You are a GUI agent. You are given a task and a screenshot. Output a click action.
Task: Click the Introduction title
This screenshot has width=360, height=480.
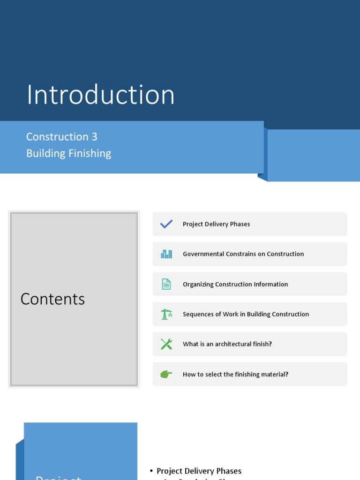(100, 95)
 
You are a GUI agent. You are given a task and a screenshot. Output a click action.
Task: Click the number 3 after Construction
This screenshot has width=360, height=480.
(94, 137)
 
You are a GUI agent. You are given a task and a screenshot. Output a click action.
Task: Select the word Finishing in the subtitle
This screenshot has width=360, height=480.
(89, 154)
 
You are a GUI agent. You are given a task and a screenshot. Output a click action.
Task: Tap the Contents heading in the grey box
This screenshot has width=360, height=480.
(52, 299)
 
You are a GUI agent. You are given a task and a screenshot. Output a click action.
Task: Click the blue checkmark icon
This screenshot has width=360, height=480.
(166, 224)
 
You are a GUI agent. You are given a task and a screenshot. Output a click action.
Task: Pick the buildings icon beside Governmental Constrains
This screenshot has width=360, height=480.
(166, 254)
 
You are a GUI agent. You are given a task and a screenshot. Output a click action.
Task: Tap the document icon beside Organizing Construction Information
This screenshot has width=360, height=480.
(166, 284)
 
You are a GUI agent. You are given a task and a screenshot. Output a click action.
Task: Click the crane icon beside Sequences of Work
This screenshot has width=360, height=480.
(166, 314)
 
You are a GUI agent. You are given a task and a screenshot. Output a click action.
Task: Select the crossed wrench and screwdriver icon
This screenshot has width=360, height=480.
(166, 344)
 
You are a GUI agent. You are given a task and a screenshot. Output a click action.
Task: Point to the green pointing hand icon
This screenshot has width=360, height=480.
(166, 374)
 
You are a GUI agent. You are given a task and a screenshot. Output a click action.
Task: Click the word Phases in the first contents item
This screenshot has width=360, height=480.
(240, 224)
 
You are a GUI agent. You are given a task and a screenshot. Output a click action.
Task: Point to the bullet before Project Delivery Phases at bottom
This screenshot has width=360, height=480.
(151, 471)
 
